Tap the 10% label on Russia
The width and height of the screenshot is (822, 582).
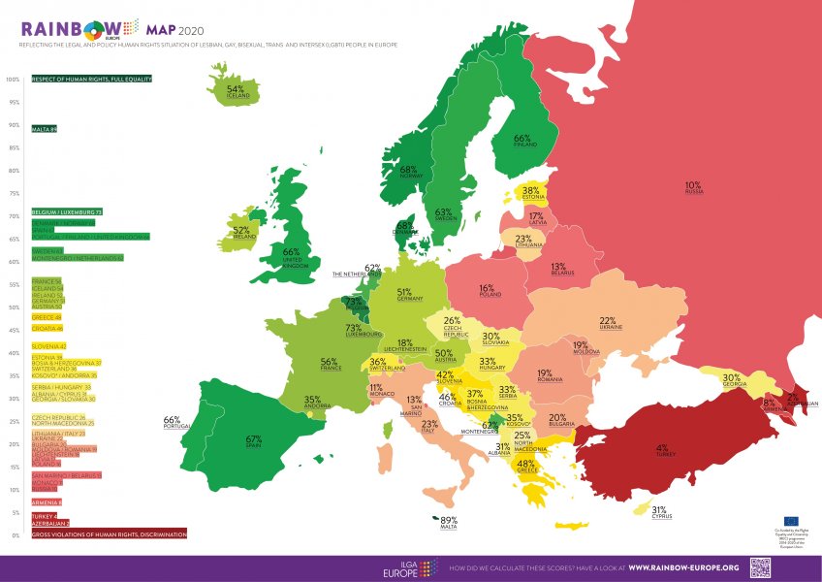coord(693,185)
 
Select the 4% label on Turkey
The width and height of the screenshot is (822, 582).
coord(662,450)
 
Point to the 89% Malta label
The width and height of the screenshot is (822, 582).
coord(449,521)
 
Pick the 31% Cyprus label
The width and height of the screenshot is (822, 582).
coord(659,511)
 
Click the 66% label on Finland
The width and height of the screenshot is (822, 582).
coord(522,140)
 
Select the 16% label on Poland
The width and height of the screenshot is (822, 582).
coord(487,289)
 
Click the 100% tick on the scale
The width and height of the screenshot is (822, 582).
coord(13,80)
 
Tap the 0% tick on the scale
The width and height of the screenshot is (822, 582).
coord(15,534)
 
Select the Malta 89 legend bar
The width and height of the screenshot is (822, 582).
coord(45,129)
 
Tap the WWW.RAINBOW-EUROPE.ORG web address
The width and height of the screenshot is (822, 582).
coord(683,567)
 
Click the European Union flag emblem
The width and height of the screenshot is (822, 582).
coord(786,521)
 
